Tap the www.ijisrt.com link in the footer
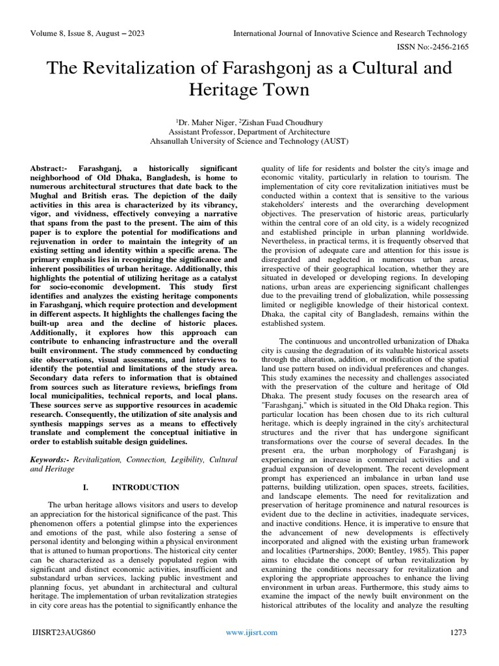[x=251, y=632]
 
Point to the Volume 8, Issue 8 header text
[x=82, y=33]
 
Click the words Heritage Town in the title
[x=249, y=90]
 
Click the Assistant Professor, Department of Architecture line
[x=249, y=131]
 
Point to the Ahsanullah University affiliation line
[x=249, y=140]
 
